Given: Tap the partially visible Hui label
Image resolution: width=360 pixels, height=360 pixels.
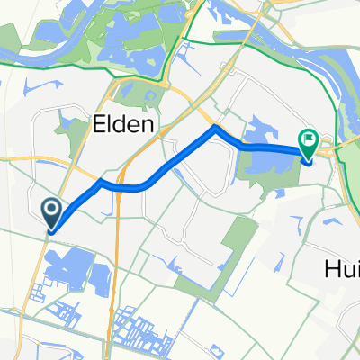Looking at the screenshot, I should [x=341, y=267].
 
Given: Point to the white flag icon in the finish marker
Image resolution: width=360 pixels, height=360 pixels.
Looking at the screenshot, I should [x=309, y=139].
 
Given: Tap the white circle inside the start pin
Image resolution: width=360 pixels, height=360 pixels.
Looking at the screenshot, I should [x=51, y=211].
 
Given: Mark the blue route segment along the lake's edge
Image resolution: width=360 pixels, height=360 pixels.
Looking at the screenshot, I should [x=270, y=147].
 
